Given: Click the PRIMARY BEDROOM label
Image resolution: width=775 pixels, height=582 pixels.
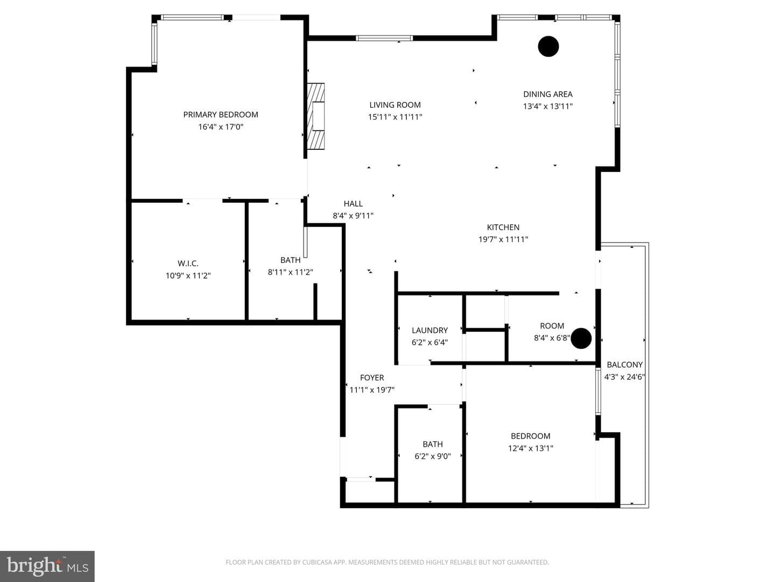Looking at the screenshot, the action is coord(221,114).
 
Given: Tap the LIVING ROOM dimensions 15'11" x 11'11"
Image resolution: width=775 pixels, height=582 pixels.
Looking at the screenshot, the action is coord(395,117).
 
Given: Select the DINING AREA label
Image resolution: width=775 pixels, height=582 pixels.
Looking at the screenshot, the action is coord(548,94).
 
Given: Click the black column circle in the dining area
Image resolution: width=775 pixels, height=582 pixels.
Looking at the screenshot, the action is coord(548,46).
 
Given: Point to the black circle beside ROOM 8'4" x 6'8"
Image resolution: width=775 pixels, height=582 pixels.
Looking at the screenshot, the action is coord(581,338).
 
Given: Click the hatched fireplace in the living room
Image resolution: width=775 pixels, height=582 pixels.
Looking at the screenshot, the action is coord(315,116).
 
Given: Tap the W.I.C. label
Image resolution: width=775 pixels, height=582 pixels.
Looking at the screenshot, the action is coord(188,264).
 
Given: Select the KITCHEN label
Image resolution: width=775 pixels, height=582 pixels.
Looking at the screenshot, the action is coord(503,227).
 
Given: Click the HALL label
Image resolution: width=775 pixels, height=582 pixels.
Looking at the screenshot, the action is coord(353,204).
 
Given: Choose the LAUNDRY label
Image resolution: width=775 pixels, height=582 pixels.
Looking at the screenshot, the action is coord(429,330).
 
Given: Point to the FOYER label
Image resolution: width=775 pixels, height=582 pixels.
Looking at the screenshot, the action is coord(372,378).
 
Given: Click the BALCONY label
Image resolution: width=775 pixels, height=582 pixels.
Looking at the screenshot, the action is coord(625,365).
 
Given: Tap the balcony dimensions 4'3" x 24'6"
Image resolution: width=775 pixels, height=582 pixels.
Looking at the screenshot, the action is coord(625,377).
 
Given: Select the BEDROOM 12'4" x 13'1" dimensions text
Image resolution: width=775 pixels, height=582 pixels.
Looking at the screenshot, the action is coord(530,448).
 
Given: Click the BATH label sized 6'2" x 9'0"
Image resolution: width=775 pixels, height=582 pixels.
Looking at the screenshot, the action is coord(433,444).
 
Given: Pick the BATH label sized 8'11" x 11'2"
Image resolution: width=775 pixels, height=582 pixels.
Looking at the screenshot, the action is coord(290,260).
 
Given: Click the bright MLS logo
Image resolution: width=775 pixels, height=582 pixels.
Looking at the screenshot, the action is coord(47,566).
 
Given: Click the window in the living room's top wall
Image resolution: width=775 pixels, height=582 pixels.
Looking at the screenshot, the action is coord(384,38).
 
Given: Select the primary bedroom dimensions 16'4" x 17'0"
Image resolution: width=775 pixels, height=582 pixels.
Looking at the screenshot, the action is coord(221,127).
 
